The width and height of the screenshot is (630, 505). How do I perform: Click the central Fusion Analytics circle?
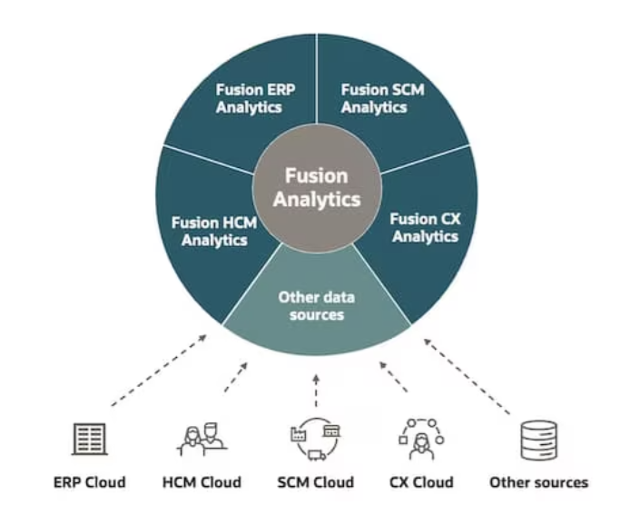click(x=317, y=186)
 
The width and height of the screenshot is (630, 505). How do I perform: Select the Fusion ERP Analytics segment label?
click(x=249, y=98)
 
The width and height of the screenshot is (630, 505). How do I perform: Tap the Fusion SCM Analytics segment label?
click(x=382, y=98)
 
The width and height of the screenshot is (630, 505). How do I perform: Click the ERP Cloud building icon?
click(x=89, y=440)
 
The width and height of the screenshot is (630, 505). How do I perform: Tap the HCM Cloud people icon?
click(x=202, y=440)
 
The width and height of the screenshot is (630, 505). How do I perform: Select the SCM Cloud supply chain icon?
click(x=314, y=440)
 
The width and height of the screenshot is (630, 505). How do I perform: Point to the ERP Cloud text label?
click(x=89, y=481)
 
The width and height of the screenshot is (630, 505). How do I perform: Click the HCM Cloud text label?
click(x=202, y=481)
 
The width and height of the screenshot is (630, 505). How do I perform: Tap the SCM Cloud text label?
click(x=314, y=481)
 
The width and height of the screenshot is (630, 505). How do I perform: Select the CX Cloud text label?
click(x=421, y=481)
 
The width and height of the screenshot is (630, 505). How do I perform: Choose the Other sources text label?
click(x=538, y=481)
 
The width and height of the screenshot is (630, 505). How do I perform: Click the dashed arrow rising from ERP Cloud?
click(x=157, y=371)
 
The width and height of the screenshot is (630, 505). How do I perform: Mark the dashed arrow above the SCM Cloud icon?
click(x=315, y=391)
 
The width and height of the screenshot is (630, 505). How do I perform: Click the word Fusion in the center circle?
click(x=317, y=175)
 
